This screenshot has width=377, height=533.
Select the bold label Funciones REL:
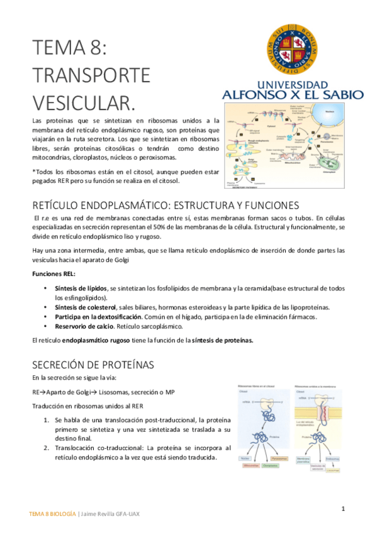53,274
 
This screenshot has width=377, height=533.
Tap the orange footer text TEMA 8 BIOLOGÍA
52,514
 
